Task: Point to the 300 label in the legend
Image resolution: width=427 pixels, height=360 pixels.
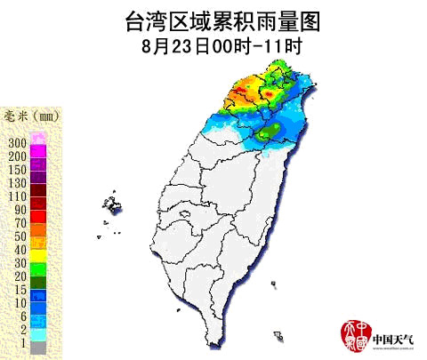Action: (x=16, y=142)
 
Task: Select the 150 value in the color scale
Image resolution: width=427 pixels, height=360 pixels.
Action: (x=16, y=168)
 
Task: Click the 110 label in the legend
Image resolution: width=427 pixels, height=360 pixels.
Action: (x=16, y=195)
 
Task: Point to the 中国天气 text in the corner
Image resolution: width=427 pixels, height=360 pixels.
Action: (x=394, y=339)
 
